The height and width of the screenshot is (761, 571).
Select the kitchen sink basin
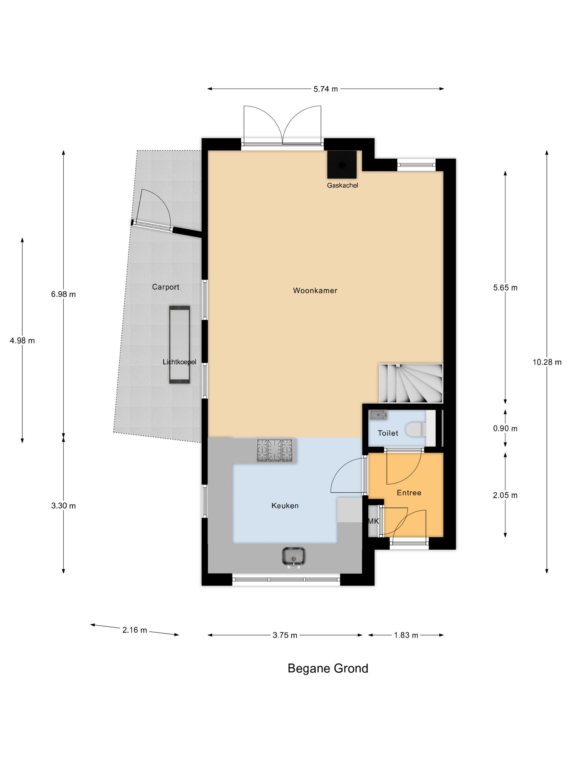pos(294,556)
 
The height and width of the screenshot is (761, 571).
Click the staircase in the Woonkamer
pos(410,383)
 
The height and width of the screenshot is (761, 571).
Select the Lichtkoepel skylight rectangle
pos(179,344)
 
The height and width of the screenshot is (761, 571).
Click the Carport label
pos(166,287)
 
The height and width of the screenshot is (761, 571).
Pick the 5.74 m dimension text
pos(325,89)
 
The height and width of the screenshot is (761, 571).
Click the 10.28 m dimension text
pos(547,362)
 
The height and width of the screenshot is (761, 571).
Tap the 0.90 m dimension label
pos(505,428)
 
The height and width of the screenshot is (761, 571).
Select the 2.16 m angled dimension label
pos(135,630)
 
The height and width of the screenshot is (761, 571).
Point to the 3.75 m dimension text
pos(285,635)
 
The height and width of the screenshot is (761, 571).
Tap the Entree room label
pos(409,493)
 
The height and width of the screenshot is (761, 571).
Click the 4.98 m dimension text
pos(22,341)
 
